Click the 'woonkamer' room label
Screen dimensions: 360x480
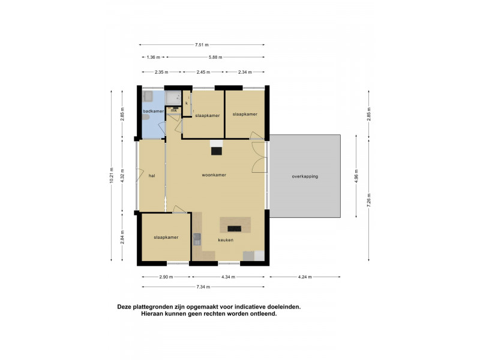pos(214,175)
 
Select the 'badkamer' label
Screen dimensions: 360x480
pos(153,111)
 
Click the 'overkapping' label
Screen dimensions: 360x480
pos(305,176)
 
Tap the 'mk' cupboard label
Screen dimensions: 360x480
pos(173,110)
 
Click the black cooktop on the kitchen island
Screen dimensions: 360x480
pos(234,228)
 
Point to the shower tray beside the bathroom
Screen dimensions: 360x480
pos(174,98)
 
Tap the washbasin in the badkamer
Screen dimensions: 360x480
pos(148,97)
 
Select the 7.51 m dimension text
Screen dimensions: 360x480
pos(202,44)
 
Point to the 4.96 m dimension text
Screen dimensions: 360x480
pos(357,176)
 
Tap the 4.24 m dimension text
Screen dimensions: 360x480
pos(305,277)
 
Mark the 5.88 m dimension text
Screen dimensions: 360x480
pos(215,58)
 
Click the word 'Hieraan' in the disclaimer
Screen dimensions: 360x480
pos(154,314)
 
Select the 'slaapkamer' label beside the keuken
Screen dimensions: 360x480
pos(166,238)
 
